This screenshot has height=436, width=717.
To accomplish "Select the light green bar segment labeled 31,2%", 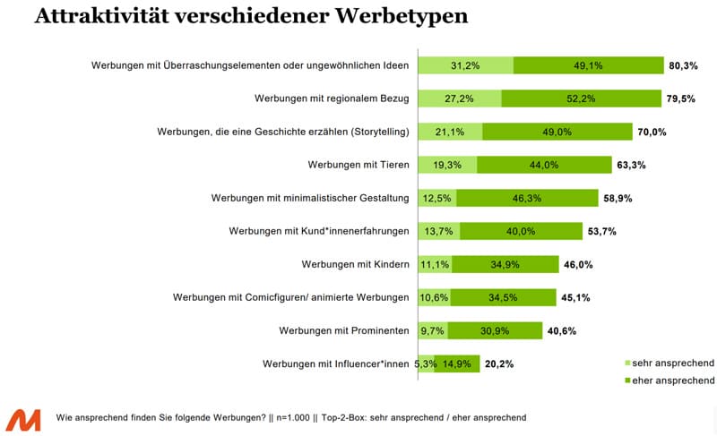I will (x=465, y=65).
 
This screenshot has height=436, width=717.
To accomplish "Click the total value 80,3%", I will (x=682, y=65).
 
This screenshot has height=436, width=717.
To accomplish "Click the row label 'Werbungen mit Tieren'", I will (x=358, y=165).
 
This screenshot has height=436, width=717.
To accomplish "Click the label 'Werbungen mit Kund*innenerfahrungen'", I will (x=320, y=231).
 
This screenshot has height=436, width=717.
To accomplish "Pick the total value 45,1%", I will (x=575, y=297).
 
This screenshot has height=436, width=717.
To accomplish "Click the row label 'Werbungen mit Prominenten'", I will (x=344, y=330).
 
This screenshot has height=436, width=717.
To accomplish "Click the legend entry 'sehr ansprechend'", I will (x=669, y=363).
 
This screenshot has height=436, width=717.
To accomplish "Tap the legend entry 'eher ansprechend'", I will (x=669, y=380).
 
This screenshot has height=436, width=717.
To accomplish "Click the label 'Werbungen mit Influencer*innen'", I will (x=335, y=363).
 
